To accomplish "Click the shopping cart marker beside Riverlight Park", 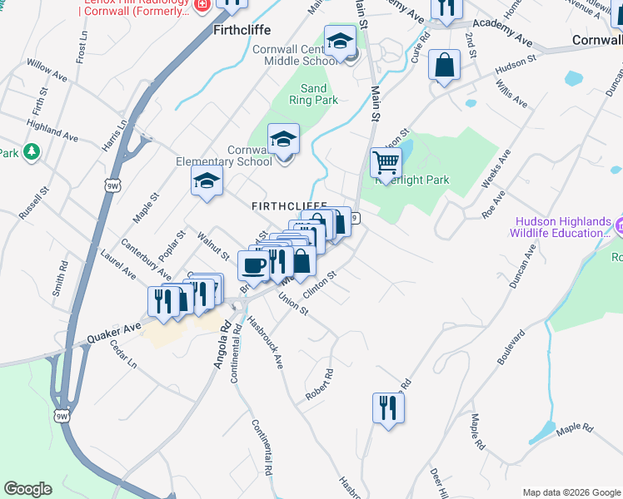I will click(x=386, y=162).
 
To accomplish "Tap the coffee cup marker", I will click(x=253, y=265).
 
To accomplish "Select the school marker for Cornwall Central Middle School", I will click(x=340, y=41).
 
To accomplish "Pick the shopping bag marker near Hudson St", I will click(x=444, y=65).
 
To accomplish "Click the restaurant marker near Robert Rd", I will click(x=388, y=408).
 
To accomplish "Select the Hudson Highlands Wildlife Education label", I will click(x=564, y=227).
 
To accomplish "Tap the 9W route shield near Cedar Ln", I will click(x=62, y=415).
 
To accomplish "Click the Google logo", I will click(x=27, y=489).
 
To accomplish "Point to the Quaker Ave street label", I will click(x=115, y=334).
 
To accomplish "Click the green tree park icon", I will click(x=32, y=151).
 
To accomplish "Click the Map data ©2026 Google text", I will click(x=571, y=492).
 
